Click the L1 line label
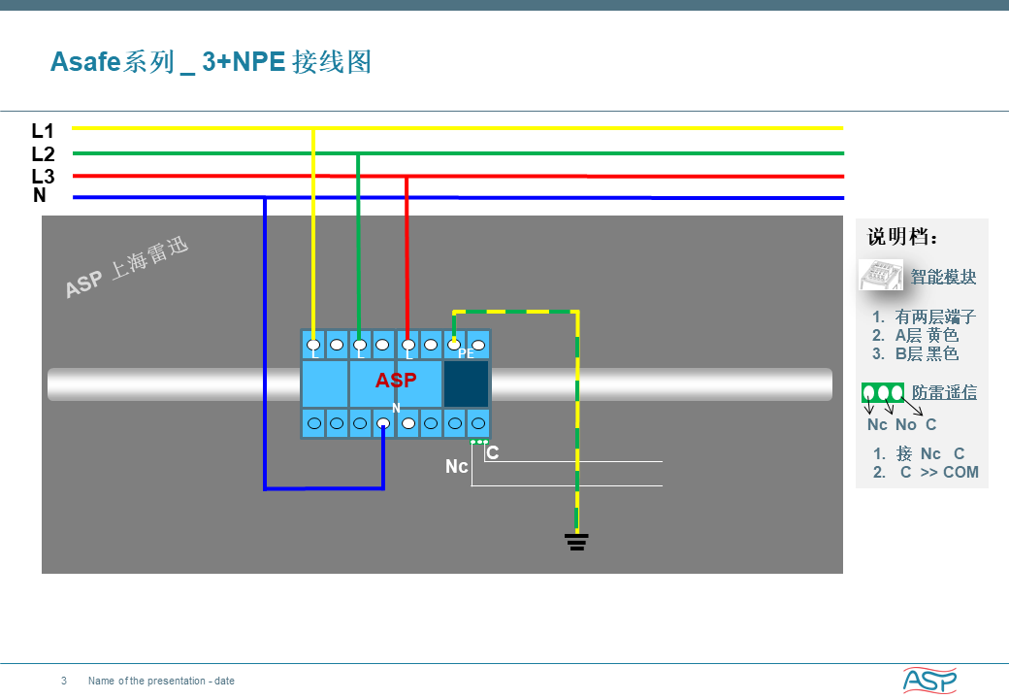click(43, 131)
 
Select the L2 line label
click(43, 153)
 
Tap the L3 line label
click(43, 176)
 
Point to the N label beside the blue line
click(40, 195)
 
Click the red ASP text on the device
click(396, 380)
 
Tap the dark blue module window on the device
click(466, 383)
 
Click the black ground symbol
click(576, 542)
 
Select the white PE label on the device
click(466, 353)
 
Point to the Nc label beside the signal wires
click(456, 466)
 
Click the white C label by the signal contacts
click(493, 452)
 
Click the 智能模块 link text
click(943, 277)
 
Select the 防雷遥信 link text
click(944, 392)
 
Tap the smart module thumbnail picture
click(880, 275)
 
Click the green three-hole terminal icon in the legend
click(883, 392)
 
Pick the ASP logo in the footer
click(929, 680)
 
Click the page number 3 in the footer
click(64, 681)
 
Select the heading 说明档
click(902, 237)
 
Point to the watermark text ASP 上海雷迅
click(127, 267)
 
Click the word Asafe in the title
click(85, 62)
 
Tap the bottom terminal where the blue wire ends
click(383, 423)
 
